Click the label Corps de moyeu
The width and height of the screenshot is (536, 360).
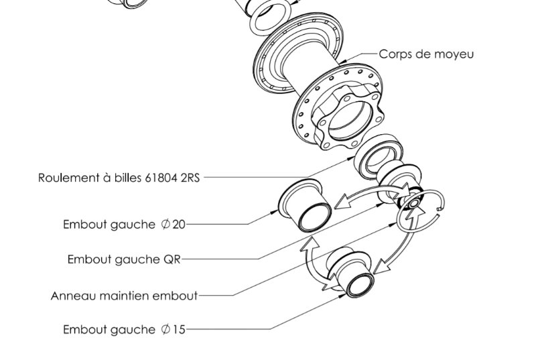426,54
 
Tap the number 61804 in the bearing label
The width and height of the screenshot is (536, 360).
161,178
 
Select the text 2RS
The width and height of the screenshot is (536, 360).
190,178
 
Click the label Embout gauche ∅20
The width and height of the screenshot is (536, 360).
124,225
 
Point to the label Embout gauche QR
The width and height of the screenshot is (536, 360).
124,259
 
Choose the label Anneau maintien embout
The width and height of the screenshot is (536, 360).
124,296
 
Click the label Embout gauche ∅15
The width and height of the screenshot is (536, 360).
124,330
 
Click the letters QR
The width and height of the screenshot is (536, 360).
172,259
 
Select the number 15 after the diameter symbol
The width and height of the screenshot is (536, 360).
179,330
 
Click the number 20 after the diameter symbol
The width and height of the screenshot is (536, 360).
179,225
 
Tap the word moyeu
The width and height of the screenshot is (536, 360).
456,54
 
